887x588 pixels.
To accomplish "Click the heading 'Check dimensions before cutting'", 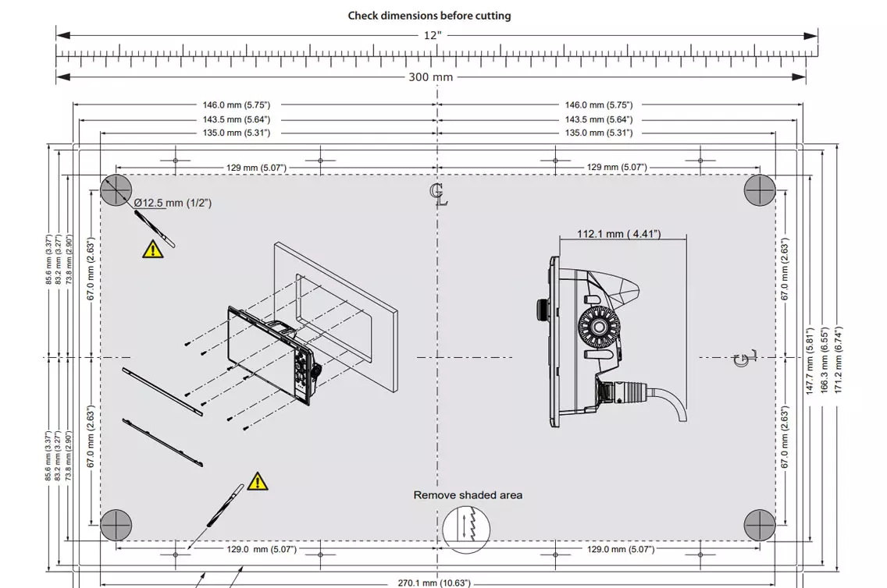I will pyautogui.click(x=429, y=16).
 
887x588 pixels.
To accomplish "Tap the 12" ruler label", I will pyautogui.click(x=432, y=35).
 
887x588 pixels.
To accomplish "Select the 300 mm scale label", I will pyautogui.click(x=430, y=77).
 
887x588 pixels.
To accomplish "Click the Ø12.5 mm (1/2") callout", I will pyautogui.click(x=173, y=203).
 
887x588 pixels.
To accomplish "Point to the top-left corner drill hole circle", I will pyautogui.click(x=116, y=190).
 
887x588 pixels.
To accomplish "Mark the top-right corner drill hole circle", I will pyautogui.click(x=759, y=190).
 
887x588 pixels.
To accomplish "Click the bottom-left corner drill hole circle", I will pyautogui.click(x=116, y=525).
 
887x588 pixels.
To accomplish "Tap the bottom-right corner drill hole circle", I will pyautogui.click(x=759, y=525).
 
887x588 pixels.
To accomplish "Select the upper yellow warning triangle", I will pyautogui.click(x=153, y=249).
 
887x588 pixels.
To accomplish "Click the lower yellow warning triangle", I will pyautogui.click(x=258, y=482).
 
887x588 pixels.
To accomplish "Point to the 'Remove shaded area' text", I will pyautogui.click(x=468, y=495).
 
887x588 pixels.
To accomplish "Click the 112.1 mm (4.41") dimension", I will pyautogui.click(x=618, y=234).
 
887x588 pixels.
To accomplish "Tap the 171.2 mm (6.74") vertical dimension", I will pyautogui.click(x=839, y=359).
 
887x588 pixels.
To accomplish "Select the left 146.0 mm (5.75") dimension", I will pyautogui.click(x=237, y=104).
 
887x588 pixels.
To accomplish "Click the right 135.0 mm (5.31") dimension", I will pyautogui.click(x=598, y=133).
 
